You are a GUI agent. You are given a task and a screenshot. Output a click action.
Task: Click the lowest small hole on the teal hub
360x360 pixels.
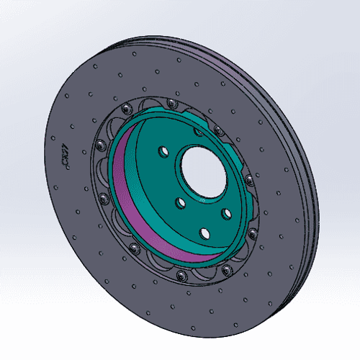pyautogui.click(x=204, y=233)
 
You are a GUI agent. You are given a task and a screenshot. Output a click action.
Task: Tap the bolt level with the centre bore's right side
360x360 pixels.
pyautogui.click(x=247, y=179)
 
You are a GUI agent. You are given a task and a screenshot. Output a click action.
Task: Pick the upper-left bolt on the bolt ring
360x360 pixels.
pyautogui.click(x=127, y=108)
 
